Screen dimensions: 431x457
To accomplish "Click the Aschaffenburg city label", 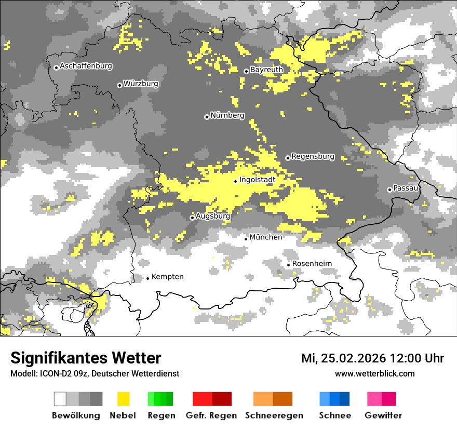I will [x=86, y=66].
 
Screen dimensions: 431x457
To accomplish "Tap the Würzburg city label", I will [x=141, y=84].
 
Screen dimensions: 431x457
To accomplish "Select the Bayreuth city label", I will [x=266, y=70].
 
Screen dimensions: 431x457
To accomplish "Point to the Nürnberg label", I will [x=227, y=115].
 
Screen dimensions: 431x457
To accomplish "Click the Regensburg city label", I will [x=313, y=156].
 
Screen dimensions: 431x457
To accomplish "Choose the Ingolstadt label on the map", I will [x=257, y=180].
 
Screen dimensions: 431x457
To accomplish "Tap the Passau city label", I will [x=406, y=188].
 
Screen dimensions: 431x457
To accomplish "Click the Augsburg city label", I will [x=213, y=216].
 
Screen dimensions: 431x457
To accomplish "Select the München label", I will [x=266, y=237].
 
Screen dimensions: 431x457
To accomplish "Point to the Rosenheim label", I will [x=312, y=264].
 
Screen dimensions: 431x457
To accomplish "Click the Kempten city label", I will [x=167, y=277].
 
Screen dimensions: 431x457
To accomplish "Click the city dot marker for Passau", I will [x=389, y=190].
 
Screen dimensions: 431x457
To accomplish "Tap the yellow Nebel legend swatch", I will [x=123, y=399].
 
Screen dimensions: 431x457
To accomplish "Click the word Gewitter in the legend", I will [x=383, y=415].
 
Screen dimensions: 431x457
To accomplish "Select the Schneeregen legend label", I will [x=274, y=415].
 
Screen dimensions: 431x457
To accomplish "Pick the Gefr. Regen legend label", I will [x=211, y=415].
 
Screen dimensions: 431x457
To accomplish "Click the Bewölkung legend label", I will [x=76, y=415].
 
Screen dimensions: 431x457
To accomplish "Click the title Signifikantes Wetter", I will [x=86, y=358].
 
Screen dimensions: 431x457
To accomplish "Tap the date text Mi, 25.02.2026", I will [x=343, y=358].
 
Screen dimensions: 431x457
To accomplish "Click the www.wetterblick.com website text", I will [x=374, y=373].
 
